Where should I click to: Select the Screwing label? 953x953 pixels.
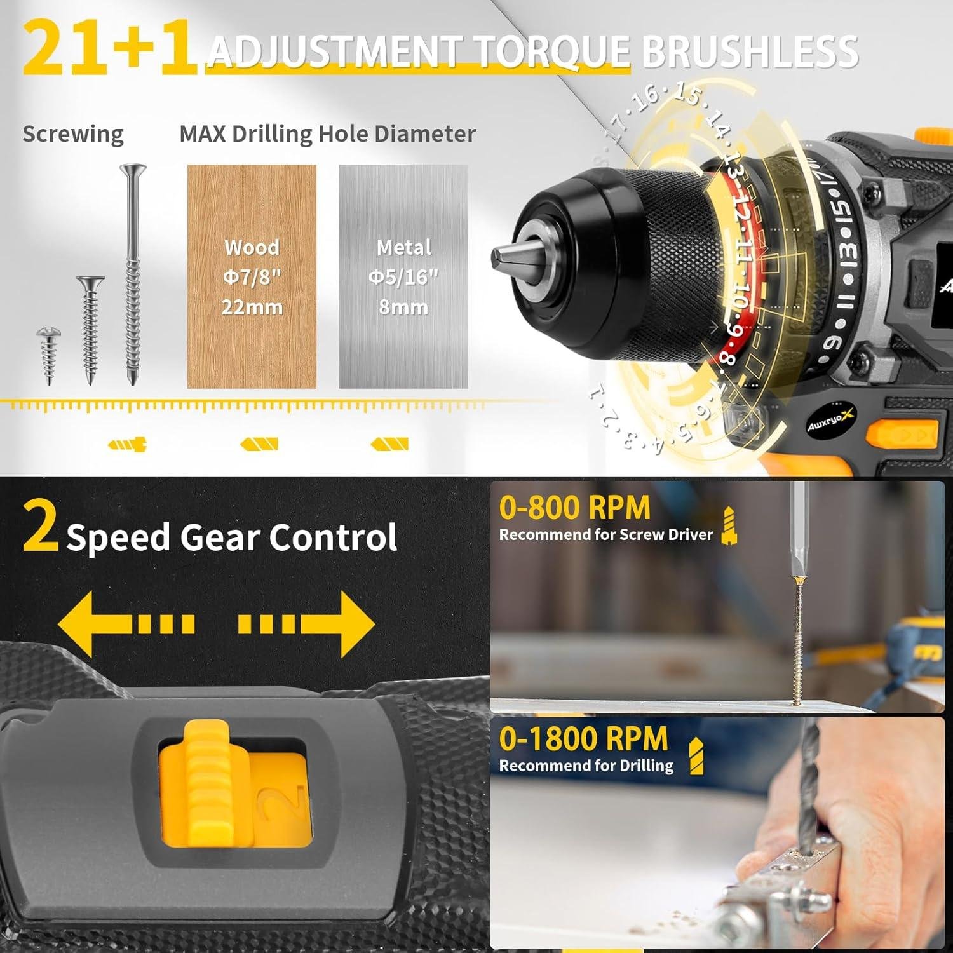(73, 134)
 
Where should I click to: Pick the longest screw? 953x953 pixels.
(132, 273)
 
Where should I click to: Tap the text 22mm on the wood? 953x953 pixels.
(252, 307)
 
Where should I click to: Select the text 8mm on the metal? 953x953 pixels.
(403, 307)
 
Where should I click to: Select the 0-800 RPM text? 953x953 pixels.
(574, 508)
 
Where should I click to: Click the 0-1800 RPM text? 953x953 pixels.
(583, 739)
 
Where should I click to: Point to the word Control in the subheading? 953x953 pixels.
(333, 537)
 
